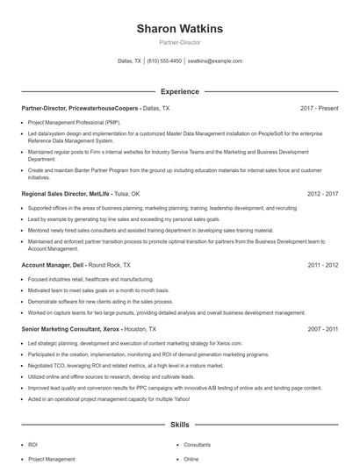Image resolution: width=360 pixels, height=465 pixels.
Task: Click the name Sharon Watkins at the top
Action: click(x=179, y=29)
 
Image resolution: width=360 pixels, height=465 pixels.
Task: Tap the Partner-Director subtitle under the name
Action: click(x=179, y=42)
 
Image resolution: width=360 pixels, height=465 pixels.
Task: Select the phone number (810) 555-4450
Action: click(x=164, y=61)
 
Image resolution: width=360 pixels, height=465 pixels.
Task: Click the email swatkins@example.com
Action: click(x=214, y=61)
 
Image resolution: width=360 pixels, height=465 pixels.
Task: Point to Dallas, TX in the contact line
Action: click(x=129, y=61)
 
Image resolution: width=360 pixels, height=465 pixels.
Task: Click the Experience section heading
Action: click(x=179, y=91)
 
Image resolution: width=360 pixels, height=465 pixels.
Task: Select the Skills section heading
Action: click(x=179, y=425)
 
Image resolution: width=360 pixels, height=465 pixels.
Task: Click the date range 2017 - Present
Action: click(x=319, y=108)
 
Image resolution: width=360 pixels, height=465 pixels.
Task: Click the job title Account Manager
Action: click(x=46, y=264)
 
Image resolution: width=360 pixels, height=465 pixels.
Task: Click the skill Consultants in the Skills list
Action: click(x=197, y=445)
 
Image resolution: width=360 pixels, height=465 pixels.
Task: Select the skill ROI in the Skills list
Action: click(x=33, y=445)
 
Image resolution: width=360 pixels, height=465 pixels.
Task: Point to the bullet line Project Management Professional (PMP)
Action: click(x=74, y=123)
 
